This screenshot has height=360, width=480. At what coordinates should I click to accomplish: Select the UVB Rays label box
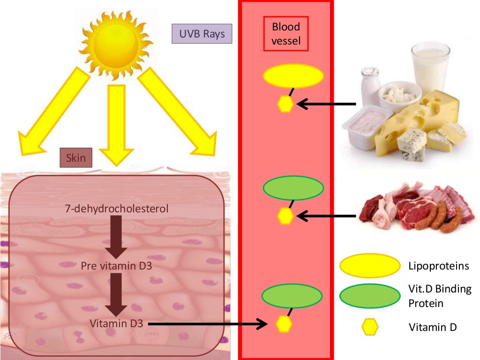(202, 34)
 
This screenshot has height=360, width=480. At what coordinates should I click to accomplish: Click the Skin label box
(76, 157)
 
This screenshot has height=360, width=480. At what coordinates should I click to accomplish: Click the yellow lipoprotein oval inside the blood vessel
(293, 76)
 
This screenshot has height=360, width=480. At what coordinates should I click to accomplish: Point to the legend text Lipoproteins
(438, 266)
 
